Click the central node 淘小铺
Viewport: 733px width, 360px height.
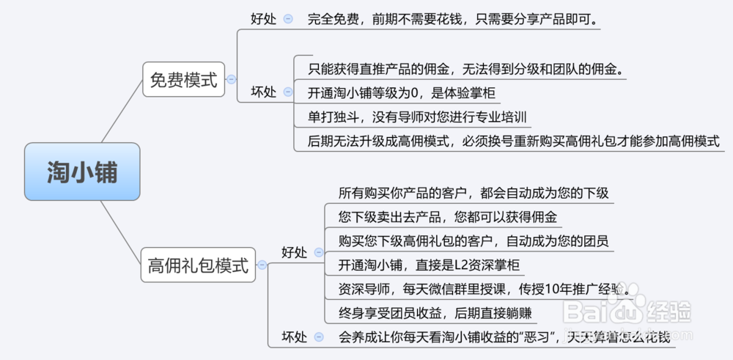81,172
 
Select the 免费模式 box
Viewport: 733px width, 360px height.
183,80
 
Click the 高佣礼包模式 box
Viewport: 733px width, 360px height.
198,265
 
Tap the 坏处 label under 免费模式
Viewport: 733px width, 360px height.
263,92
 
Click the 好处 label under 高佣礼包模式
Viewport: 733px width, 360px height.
295,252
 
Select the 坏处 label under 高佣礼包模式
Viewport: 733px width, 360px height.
295,337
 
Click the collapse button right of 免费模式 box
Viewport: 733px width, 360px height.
232,79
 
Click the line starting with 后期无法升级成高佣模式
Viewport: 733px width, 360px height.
513,142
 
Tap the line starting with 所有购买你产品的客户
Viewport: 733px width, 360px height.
473,194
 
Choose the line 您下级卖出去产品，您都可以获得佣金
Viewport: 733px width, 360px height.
447,218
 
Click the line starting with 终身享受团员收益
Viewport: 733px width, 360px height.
435,313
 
